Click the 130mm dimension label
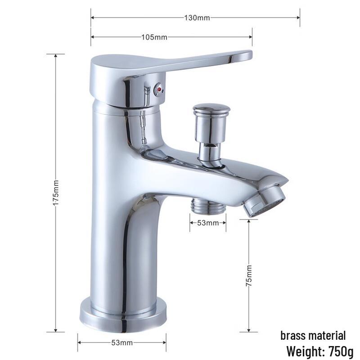point(197,18)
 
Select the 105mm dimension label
point(154,37)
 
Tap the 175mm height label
point(56,193)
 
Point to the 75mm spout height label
point(249,275)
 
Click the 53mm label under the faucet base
point(122,343)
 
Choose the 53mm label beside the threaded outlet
point(208,223)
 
